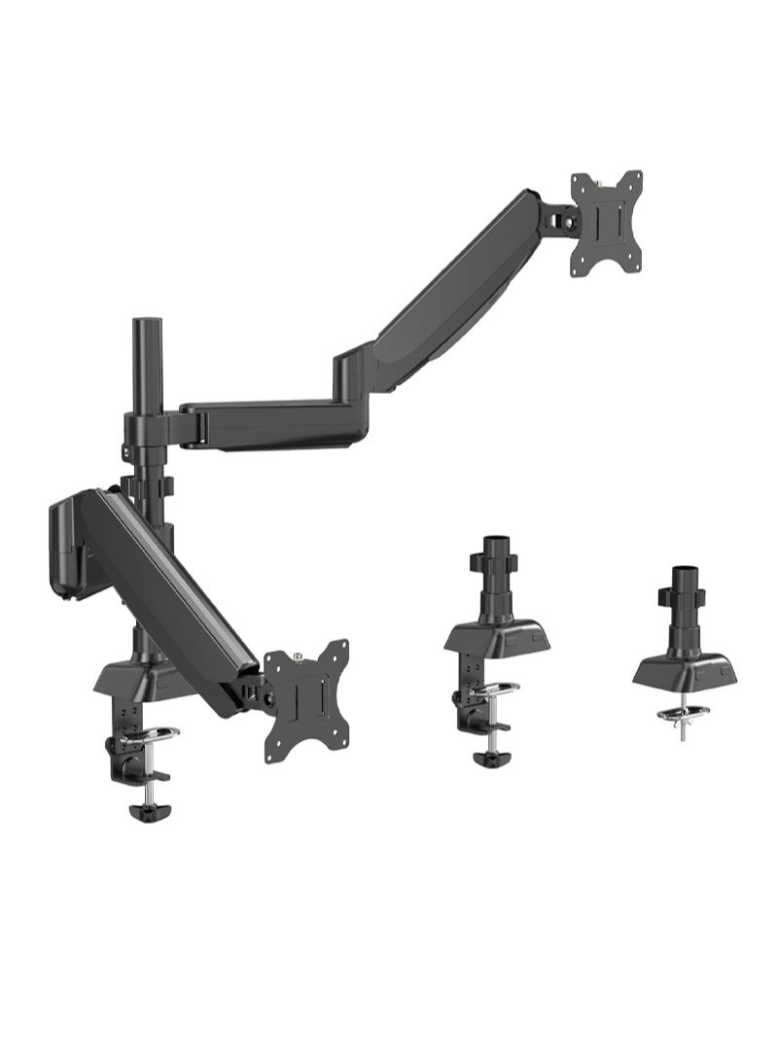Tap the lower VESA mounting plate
(x=305, y=699)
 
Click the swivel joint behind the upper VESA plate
(x=559, y=218)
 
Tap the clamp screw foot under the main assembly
(x=146, y=809)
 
